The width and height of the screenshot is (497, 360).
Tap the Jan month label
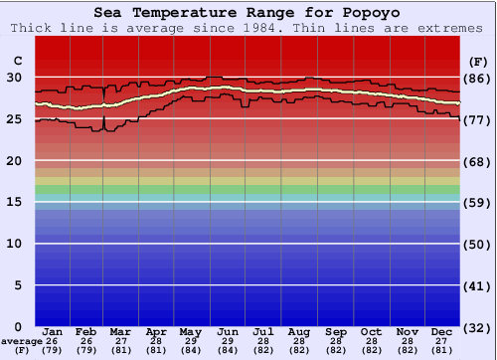[54, 331]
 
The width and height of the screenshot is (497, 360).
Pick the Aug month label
[299, 331]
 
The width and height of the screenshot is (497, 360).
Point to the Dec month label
[443, 331]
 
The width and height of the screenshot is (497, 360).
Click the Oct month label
[371, 331]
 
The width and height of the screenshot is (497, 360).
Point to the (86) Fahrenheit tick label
[479, 79]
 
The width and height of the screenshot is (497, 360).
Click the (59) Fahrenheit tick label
[479, 203]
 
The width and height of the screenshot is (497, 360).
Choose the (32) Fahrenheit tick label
[479, 327]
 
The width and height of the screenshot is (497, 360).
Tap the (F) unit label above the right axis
[478, 61]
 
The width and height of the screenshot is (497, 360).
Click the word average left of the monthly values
[21, 341]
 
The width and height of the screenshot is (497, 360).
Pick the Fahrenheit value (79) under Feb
[85, 351]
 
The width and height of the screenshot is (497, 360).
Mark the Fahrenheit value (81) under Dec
[443, 351]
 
